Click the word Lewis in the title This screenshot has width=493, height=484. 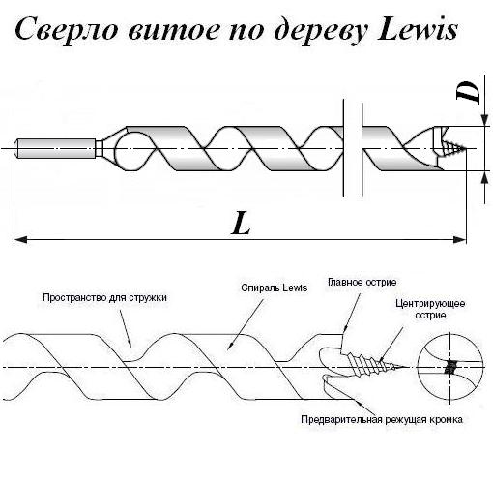(418, 30)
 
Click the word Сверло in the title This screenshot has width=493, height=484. (66, 30)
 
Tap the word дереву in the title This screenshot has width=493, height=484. (321, 31)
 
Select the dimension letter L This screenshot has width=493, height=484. (241, 223)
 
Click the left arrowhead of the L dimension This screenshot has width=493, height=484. (20, 240)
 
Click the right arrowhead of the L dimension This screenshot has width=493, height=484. (460, 240)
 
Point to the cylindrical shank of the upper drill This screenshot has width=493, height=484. (55, 148)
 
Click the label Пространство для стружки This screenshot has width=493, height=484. (104, 297)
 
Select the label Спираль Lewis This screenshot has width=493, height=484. (275, 287)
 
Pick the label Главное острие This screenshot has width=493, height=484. (362, 282)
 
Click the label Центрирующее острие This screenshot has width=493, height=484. (430, 309)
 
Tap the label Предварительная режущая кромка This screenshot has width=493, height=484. (382, 419)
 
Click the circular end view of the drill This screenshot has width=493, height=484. (450, 367)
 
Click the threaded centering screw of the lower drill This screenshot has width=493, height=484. (374, 365)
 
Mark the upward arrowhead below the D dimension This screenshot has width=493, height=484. (485, 177)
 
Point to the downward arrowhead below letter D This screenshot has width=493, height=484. (485, 119)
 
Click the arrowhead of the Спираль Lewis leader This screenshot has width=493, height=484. (230, 346)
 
